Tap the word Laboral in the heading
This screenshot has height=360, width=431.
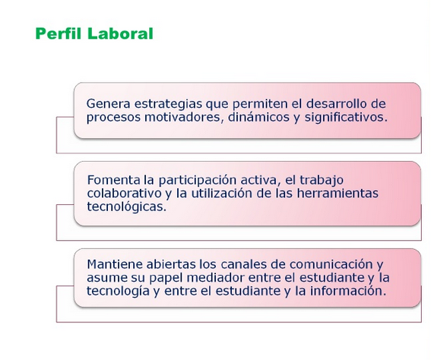pos(120,33)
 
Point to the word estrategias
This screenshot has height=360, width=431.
pos(168,105)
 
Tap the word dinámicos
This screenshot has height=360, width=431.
pos(258,117)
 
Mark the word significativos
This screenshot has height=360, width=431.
pos(346,118)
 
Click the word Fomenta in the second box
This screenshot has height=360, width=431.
pos(113,180)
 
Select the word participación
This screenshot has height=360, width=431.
pos(198,181)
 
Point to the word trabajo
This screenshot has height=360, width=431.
pos(322,181)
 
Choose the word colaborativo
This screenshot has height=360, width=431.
pos(124,194)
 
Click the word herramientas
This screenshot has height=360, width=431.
pos(338,194)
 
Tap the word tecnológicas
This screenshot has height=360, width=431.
pos(127,207)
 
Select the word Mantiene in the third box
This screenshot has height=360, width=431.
pos(115,264)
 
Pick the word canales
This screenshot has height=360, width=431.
pos(243,264)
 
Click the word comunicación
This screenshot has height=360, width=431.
pos(331,264)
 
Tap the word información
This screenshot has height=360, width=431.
pos(348,291)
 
